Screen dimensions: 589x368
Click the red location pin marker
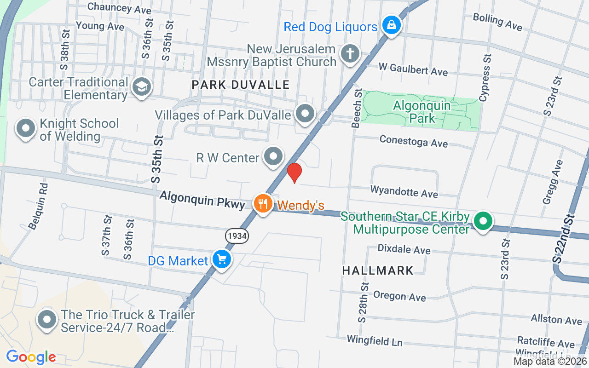tap(294, 172)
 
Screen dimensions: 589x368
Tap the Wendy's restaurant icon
tap(263, 203)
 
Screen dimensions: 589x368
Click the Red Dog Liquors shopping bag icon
tap(391, 25)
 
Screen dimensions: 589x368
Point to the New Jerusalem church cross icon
tap(350, 54)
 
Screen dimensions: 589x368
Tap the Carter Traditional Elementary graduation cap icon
tap(141, 86)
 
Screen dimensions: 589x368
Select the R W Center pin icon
tap(274, 156)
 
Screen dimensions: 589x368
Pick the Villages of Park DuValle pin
tap(305, 113)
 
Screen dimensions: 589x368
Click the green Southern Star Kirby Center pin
tap(483, 221)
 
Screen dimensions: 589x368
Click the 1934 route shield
tap(237, 236)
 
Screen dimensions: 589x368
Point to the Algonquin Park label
tap(422, 112)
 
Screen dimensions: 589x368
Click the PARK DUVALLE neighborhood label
tap(241, 85)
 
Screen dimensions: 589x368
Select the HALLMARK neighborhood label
tap(378, 270)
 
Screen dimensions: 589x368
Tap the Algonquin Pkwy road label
tap(202, 201)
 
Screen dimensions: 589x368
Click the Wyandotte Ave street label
tap(404, 191)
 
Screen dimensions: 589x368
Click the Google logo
tap(31, 356)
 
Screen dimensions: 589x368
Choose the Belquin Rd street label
tap(38, 207)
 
